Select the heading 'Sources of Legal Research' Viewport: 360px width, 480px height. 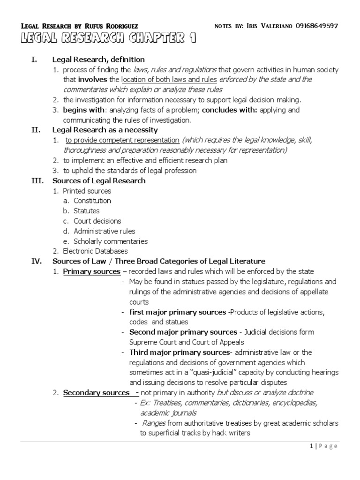click(x=99, y=180)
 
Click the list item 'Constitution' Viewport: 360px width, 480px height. click(x=92, y=201)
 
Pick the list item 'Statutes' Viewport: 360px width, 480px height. click(x=87, y=211)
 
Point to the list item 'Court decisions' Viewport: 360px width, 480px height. click(x=97, y=221)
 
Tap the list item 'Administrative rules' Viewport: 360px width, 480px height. click(x=105, y=231)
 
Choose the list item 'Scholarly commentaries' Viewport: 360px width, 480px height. click(x=111, y=241)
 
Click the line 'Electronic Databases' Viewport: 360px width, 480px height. click(x=95, y=251)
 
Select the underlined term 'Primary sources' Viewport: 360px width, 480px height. click(x=92, y=272)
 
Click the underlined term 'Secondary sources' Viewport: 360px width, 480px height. click(x=97, y=392)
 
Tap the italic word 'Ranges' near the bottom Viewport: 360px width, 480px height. click(x=153, y=423)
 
